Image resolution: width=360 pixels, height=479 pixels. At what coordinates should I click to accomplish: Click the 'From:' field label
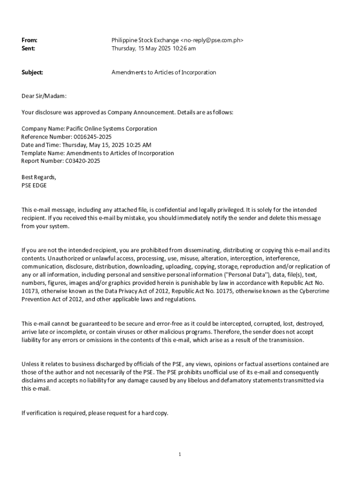tap(29, 41)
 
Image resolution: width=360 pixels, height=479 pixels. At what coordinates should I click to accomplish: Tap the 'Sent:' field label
tap(29, 49)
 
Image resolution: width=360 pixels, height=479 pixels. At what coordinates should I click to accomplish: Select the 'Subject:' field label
tap(32, 73)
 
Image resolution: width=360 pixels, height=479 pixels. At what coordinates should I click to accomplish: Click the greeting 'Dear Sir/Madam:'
tap(44, 96)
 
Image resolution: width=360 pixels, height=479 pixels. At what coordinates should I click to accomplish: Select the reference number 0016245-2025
tap(93, 137)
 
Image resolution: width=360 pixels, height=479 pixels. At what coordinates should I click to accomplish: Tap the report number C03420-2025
tap(82, 161)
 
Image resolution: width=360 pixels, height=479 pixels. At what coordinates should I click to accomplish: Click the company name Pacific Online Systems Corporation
tap(112, 129)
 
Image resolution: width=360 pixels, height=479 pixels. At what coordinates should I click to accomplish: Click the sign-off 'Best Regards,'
tap(39, 177)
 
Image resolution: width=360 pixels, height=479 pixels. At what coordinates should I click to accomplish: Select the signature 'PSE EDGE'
tap(34, 186)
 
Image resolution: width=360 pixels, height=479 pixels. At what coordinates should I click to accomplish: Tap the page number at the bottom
tap(180, 455)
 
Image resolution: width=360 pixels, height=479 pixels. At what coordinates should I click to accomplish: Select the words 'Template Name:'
tap(43, 153)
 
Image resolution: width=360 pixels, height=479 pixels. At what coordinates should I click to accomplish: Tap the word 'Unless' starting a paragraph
tap(30, 364)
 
